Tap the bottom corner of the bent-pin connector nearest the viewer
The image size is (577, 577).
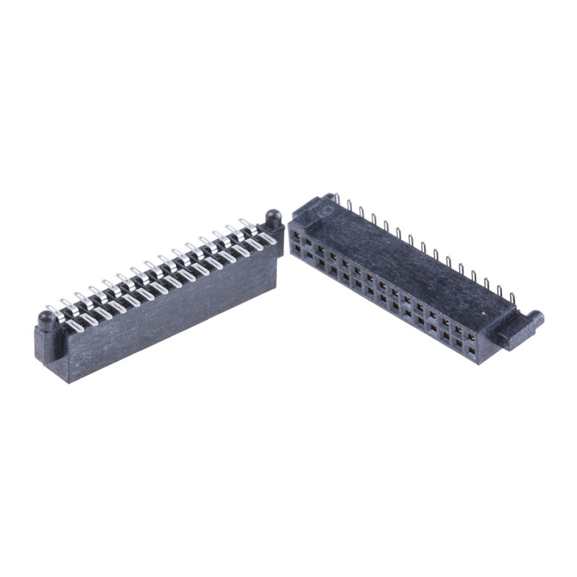pos(71,381)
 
